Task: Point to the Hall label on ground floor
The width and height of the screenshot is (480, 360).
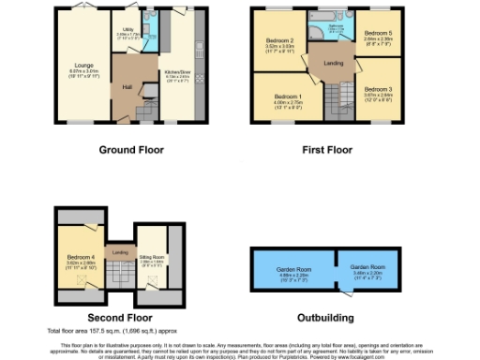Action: pos(125,88)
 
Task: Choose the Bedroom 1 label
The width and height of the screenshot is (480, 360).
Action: pos(287,97)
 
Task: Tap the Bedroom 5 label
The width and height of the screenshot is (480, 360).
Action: pos(379,33)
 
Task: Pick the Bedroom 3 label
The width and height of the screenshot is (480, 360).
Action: pos(379,88)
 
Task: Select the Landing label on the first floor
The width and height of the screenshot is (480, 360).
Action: pos(333,63)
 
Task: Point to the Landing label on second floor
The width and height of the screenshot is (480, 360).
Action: pos(119,251)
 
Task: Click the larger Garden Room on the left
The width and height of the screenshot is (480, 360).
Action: pos(292,268)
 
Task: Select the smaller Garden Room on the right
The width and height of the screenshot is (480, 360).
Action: pos(367,266)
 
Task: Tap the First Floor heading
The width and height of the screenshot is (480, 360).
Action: pos(332,149)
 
